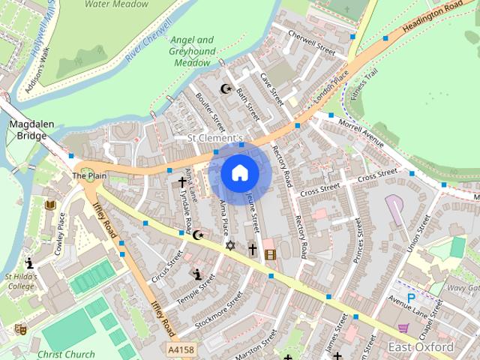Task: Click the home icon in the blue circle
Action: tap(240, 173)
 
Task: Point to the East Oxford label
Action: tap(421, 347)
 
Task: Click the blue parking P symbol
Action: tap(411, 298)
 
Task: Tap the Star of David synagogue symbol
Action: tap(230, 245)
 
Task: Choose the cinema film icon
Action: tap(270, 254)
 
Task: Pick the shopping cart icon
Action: tap(403, 328)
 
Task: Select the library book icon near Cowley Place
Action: tap(50, 205)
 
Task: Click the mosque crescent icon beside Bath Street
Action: tap(225, 89)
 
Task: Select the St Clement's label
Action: tap(215, 139)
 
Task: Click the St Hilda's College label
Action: tap(20, 281)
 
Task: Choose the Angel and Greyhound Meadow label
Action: tap(192, 52)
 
